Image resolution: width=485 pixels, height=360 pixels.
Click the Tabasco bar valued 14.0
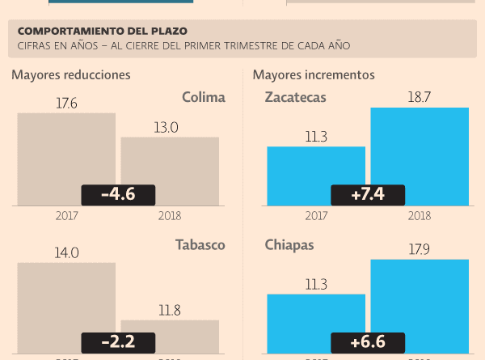pyautogui.click(x=66, y=299)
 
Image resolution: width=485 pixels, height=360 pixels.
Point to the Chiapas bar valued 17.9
pyautogui.click(x=420, y=299)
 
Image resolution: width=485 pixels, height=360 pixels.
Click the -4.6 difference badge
pyautogui.click(x=118, y=194)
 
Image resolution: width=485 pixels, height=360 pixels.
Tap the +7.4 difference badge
pyautogui.click(x=368, y=194)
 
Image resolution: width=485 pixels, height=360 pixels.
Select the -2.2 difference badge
pyautogui.click(x=118, y=342)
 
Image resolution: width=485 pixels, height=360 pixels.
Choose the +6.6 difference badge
pyautogui.click(x=368, y=342)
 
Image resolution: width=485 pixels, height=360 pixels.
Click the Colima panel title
pyautogui.click(x=203, y=98)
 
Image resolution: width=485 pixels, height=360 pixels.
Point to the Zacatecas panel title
pyautogui.click(x=296, y=98)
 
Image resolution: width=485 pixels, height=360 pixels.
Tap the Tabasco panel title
pyautogui.click(x=200, y=245)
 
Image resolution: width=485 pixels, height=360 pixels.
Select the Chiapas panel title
pyautogui.click(x=289, y=245)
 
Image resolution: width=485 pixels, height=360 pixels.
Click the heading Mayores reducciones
pyautogui.click(x=71, y=75)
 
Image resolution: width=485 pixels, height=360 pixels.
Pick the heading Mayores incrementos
pyautogui.click(x=314, y=75)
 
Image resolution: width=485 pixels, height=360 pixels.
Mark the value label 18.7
pyautogui.click(x=420, y=95)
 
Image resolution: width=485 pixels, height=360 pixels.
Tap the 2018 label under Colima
pyautogui.click(x=170, y=216)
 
